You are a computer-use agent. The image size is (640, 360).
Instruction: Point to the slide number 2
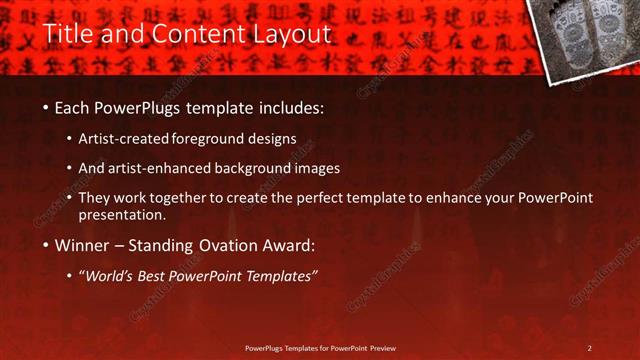[x=589, y=348]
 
